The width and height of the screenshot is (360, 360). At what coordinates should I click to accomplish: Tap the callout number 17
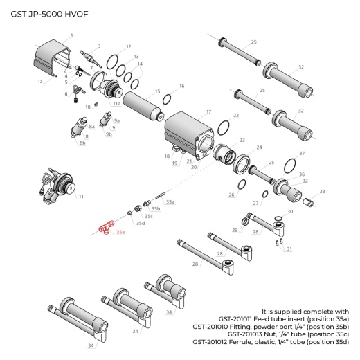pos(208,111)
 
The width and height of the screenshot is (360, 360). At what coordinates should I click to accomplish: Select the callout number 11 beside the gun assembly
pos(81,197)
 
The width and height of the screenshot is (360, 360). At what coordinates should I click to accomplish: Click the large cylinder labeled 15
pos(144,105)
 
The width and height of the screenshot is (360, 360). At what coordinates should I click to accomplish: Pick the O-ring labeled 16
pos(167,98)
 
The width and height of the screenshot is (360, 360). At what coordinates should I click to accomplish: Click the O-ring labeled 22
pos(224,129)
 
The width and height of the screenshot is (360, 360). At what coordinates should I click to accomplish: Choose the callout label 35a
pos(170,201)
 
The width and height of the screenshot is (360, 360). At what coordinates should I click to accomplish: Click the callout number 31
pos(289,249)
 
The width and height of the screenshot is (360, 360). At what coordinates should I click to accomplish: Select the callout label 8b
pos(82,143)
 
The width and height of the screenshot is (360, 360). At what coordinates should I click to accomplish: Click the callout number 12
pos(127,46)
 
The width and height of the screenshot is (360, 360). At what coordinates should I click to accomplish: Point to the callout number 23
pos(242,140)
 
